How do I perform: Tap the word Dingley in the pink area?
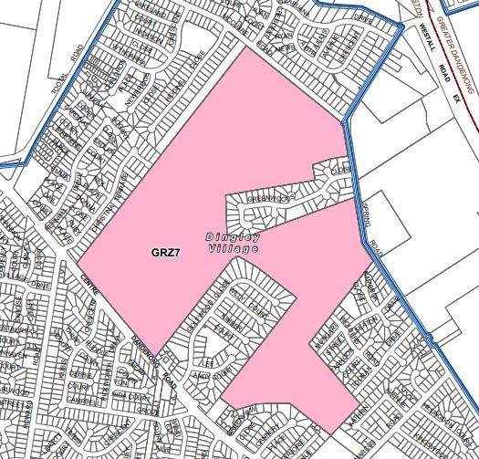(233, 235)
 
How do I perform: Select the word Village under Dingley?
(234, 247)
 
